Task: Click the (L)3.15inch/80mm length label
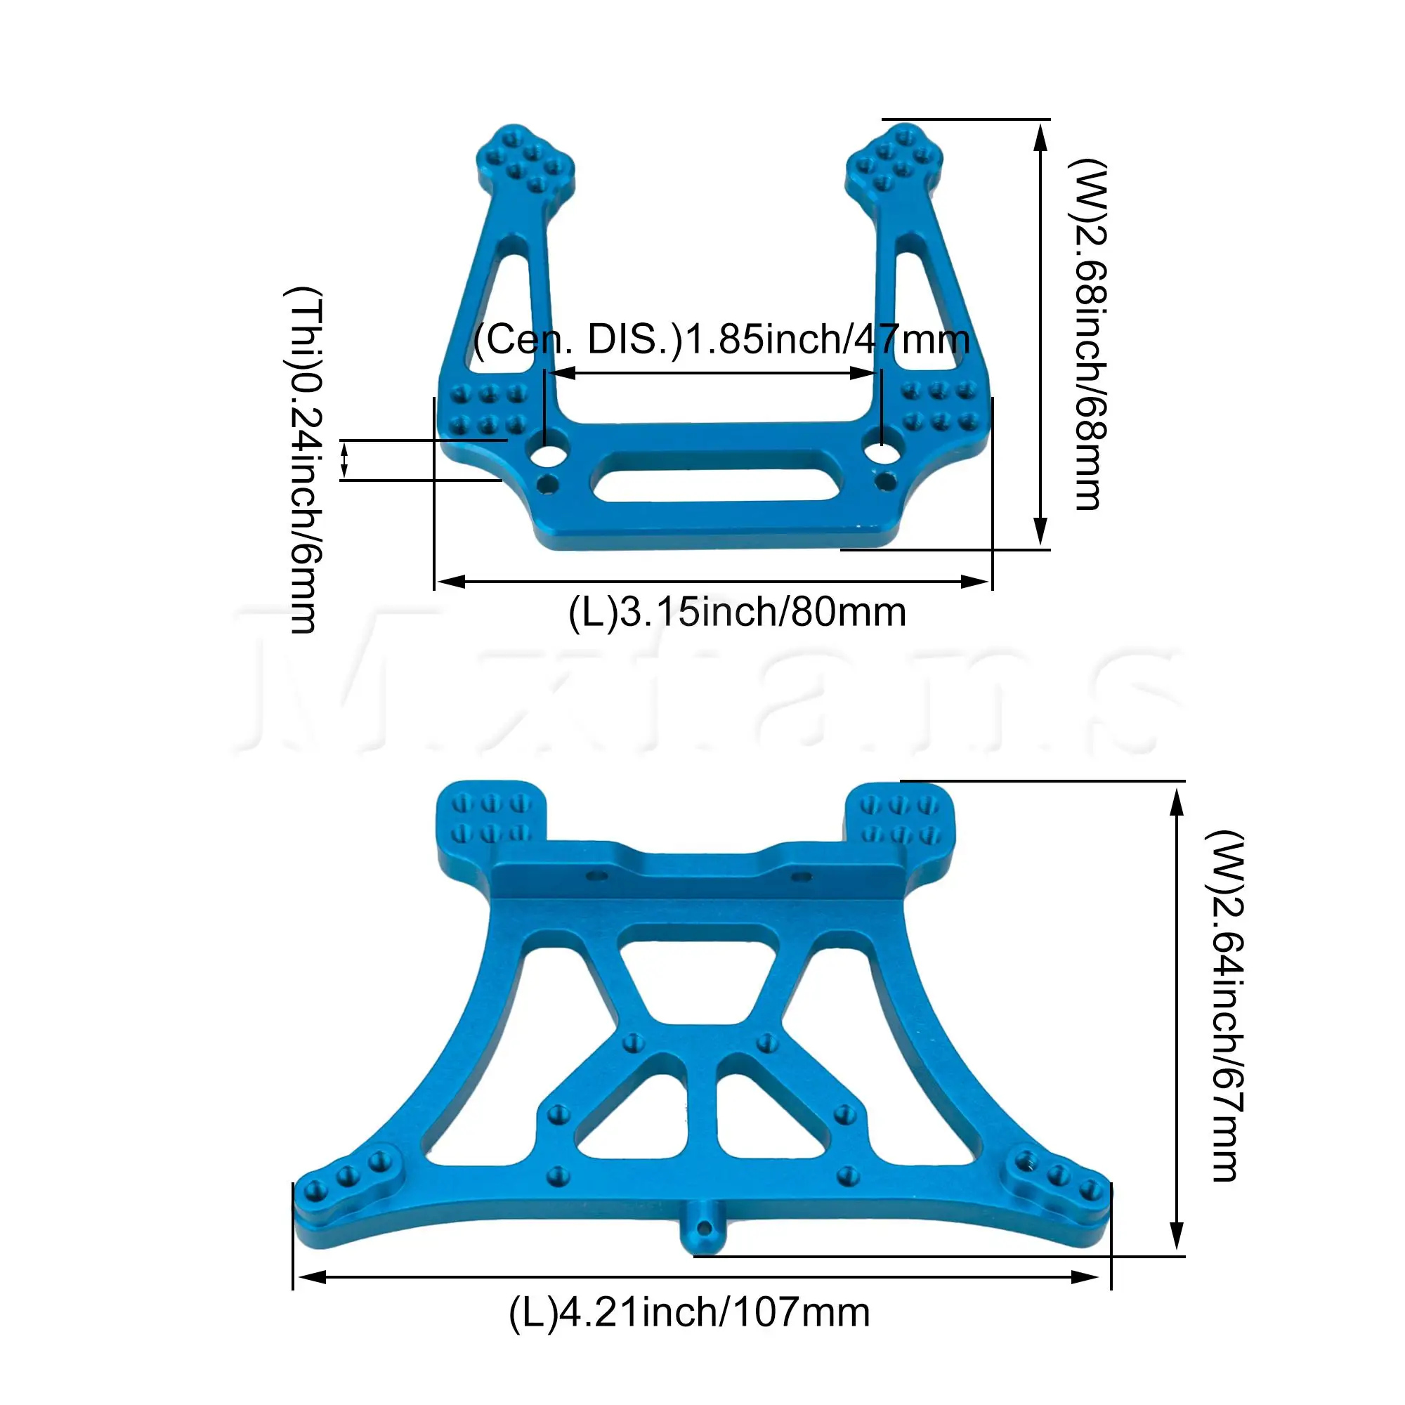pyautogui.click(x=737, y=613)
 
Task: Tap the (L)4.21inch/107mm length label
pyautogui.click(x=689, y=1313)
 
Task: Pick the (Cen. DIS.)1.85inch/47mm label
pyautogui.click(x=721, y=339)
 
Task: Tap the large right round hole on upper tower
pyautogui.click(x=881, y=453)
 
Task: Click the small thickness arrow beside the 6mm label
pyautogui.click(x=345, y=459)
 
